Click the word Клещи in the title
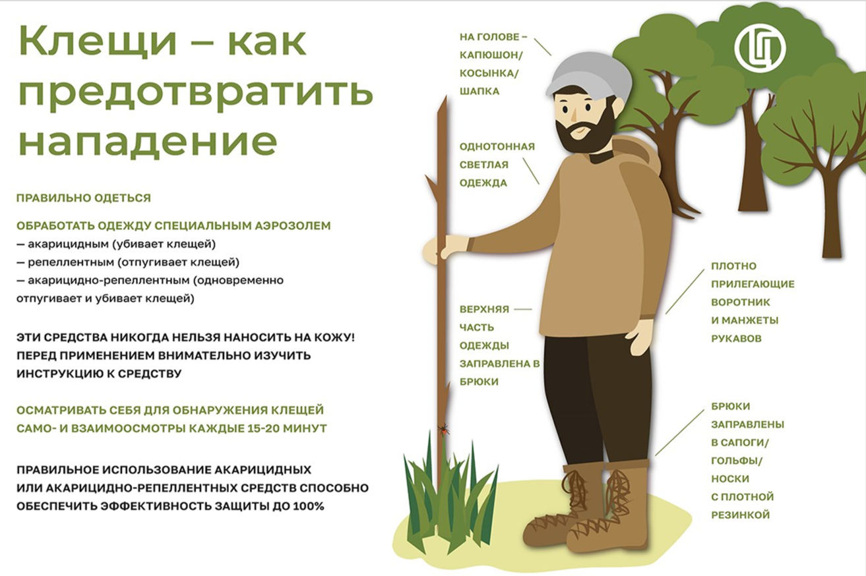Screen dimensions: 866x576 [x=98, y=42]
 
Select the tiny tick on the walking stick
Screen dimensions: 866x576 [x=444, y=428]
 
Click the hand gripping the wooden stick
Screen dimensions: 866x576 [x=445, y=246]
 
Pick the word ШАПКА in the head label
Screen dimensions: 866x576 [x=479, y=92]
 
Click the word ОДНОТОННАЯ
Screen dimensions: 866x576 [x=497, y=147]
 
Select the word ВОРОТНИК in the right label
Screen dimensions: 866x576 [x=741, y=302]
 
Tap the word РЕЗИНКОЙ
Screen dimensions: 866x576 [x=741, y=515]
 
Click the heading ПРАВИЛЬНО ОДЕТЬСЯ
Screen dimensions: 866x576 [x=84, y=198]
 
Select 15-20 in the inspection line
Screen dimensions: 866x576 [x=259, y=428]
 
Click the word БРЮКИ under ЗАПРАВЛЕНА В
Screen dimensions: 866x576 [x=479, y=382]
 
